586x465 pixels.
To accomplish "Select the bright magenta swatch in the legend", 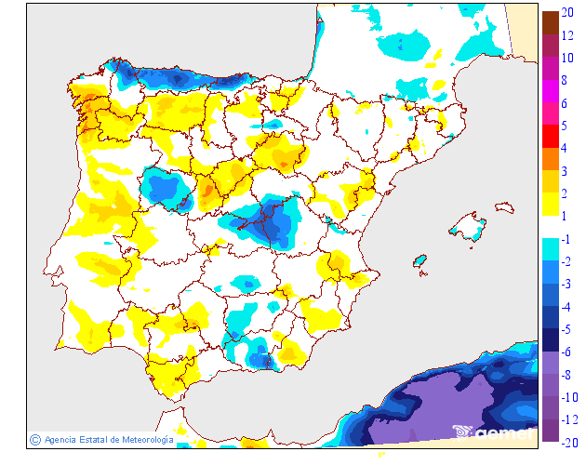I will click(551, 91).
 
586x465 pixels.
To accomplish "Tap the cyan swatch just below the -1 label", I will click(551, 249).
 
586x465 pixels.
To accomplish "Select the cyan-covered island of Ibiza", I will click(420, 260).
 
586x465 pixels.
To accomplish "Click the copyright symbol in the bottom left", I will click(34, 439).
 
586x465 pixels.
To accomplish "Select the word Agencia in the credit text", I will click(60, 439).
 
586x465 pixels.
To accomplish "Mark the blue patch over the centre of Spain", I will click(266, 221).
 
